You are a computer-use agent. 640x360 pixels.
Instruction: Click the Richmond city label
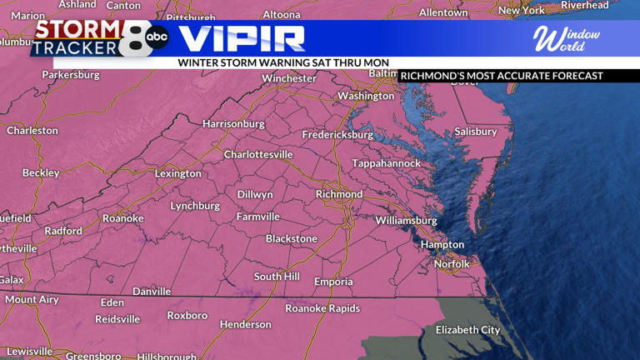[x=338, y=194]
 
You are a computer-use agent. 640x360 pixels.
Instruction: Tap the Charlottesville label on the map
[x=258, y=154]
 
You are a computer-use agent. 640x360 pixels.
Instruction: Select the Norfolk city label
[x=452, y=264]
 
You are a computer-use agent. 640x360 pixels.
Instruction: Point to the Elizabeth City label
[x=467, y=330]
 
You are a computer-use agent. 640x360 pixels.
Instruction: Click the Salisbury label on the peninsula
[x=475, y=132]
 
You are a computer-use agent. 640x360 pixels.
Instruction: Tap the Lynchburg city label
[x=195, y=206]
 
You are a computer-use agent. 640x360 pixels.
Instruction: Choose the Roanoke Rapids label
[x=322, y=308]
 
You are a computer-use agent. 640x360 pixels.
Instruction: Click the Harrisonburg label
[x=233, y=124]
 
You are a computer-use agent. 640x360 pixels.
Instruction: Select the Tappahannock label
[x=386, y=163]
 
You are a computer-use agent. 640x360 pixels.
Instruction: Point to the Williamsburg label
[x=406, y=221]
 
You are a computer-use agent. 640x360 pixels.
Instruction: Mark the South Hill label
[x=277, y=277]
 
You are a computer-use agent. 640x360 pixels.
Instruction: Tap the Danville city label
[x=152, y=292]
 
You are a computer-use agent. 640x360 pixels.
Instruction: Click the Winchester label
[x=289, y=78]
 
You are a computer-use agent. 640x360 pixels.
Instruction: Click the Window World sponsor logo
[x=567, y=38]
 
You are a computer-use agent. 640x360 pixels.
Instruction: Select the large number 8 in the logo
[x=132, y=38]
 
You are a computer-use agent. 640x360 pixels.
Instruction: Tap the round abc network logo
[x=157, y=37]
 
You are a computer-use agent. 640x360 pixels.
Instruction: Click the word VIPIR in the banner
[x=242, y=38]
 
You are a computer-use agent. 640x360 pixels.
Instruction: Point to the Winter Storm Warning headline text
[x=283, y=62]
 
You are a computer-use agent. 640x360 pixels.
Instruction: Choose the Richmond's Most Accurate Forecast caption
[x=501, y=76]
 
